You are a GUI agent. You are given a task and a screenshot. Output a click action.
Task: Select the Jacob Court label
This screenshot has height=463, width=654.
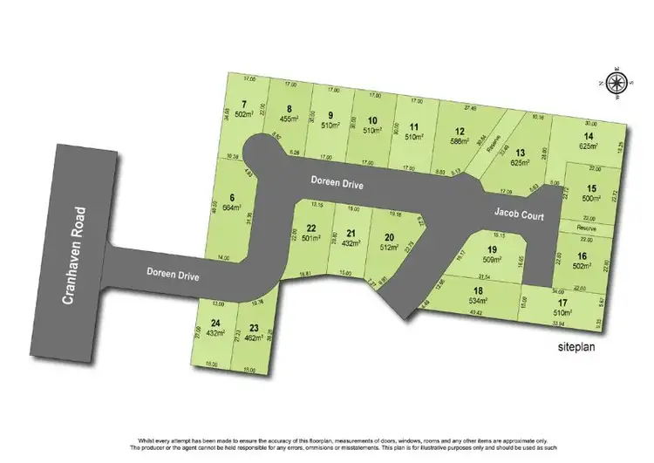click(520, 212)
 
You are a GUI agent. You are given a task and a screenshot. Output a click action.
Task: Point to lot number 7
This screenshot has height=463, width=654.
click(232, 106)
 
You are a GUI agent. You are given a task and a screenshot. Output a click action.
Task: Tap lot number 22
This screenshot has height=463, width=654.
click(310, 228)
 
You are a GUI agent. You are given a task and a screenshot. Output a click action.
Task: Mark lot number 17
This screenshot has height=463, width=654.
click(560, 303)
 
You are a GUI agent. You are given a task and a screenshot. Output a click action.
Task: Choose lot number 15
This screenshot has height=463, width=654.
click(590, 188)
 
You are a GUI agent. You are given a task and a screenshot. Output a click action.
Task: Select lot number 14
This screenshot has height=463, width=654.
click(589, 137)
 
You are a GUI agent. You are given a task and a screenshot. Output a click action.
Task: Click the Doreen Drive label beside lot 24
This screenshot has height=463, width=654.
click(173, 276)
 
